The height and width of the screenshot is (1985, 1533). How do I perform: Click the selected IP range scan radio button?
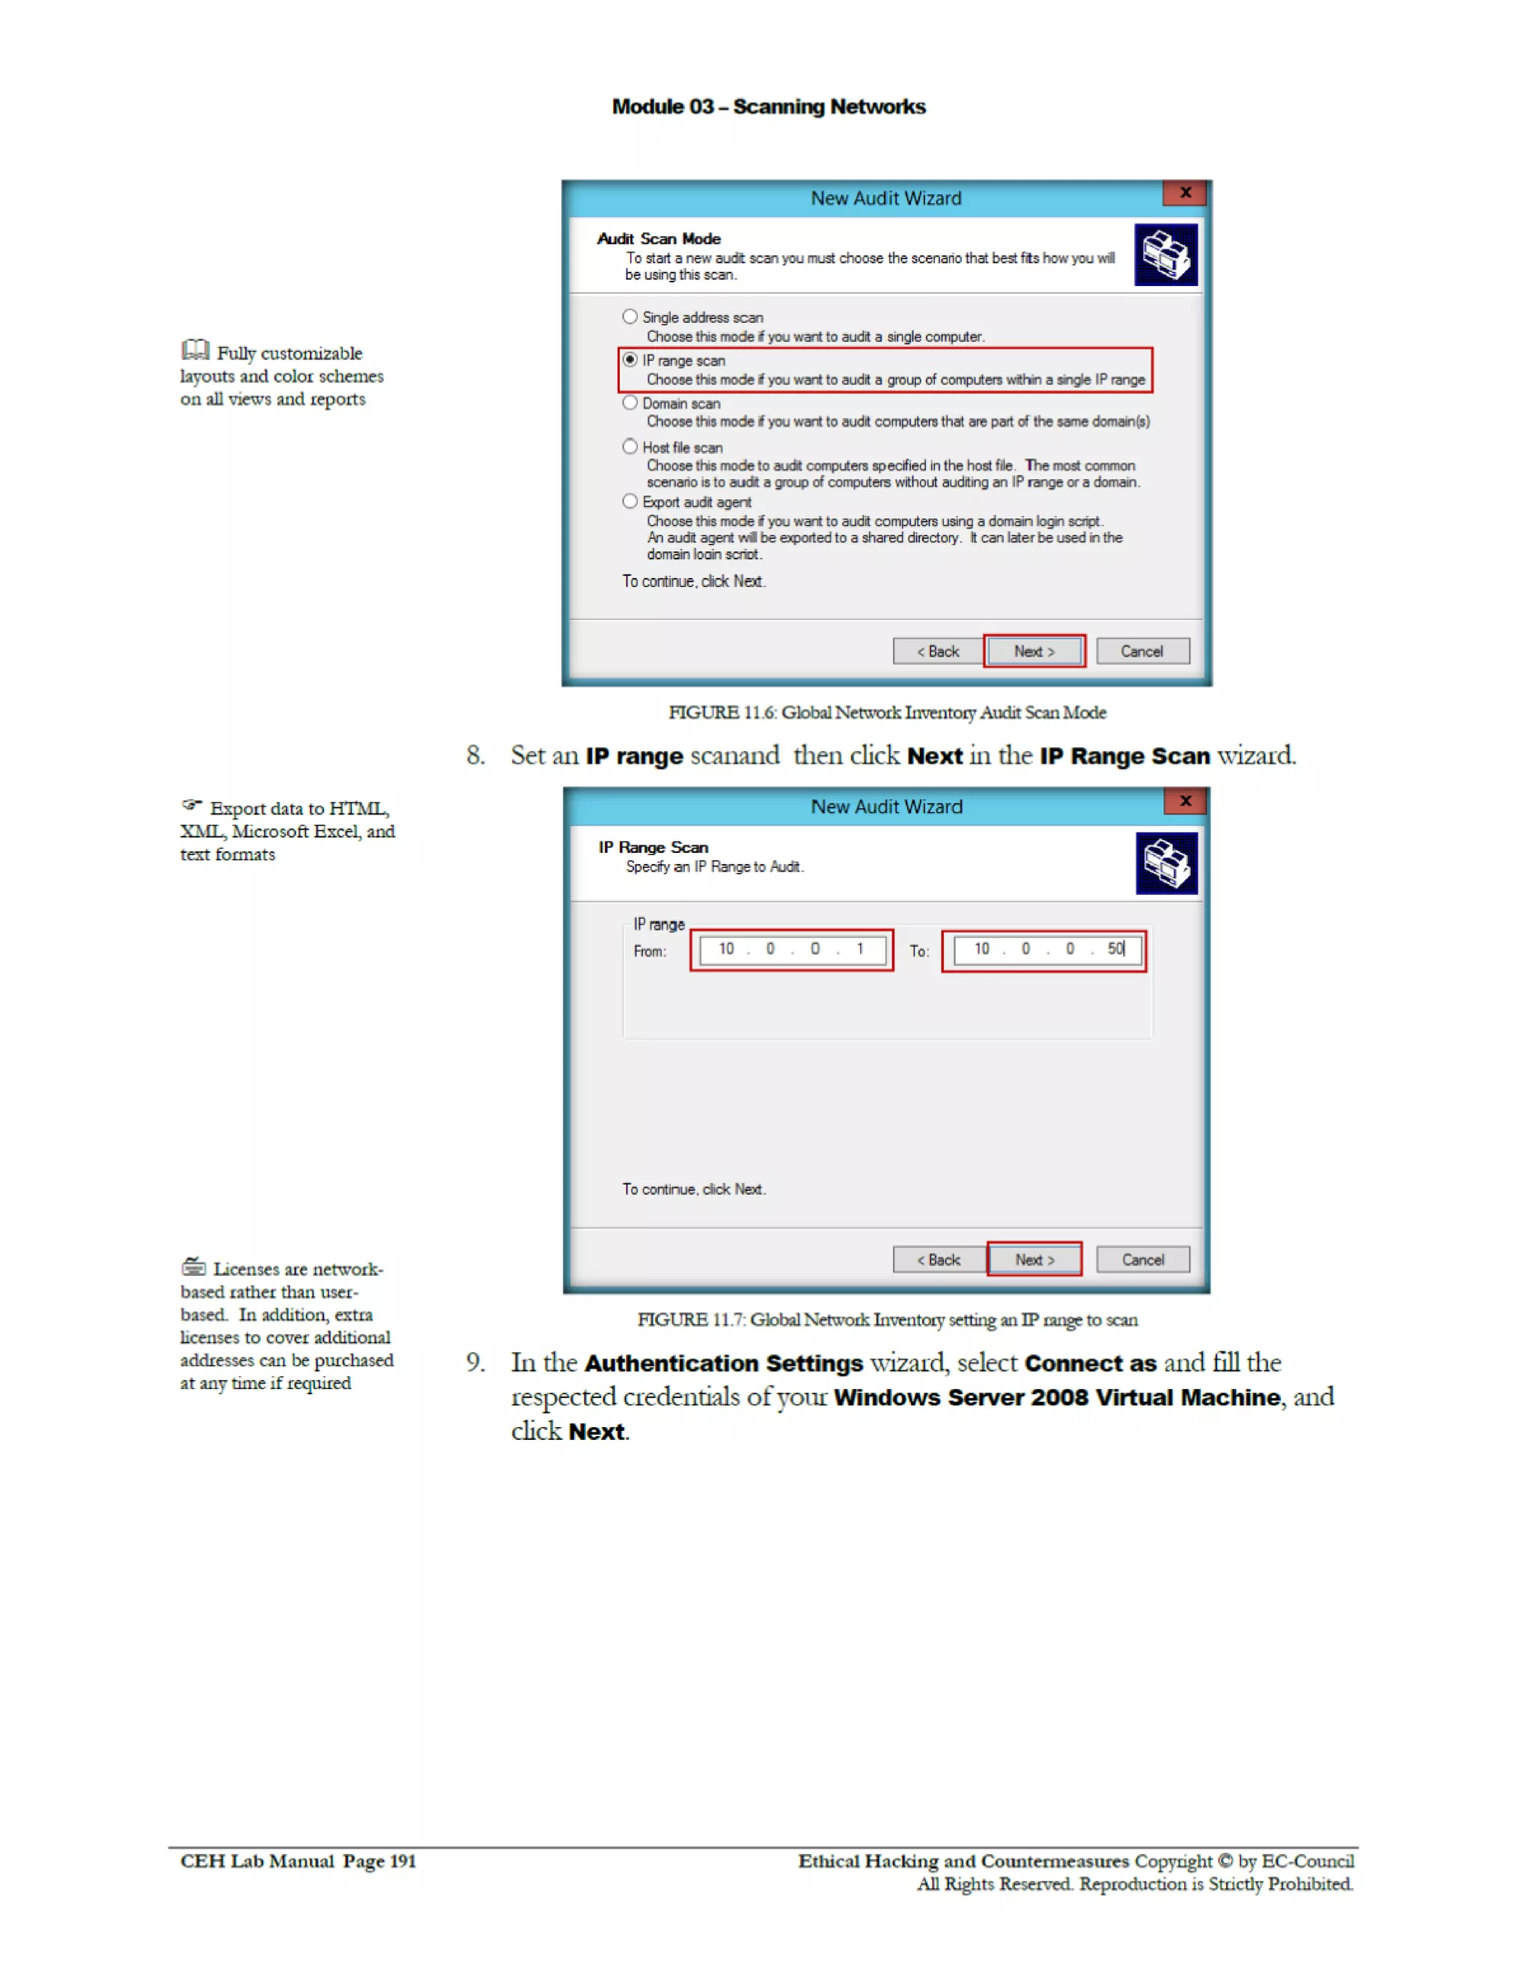[630, 360]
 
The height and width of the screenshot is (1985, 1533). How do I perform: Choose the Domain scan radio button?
[630, 403]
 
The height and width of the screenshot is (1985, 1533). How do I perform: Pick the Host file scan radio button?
[630, 446]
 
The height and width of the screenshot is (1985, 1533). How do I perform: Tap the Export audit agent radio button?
[630, 501]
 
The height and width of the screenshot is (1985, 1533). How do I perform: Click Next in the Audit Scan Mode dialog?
[1034, 651]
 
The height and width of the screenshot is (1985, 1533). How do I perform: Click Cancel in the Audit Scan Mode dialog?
[1142, 651]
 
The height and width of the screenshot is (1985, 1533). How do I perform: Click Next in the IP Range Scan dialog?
[1034, 1259]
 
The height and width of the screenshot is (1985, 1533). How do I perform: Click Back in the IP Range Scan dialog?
[939, 1259]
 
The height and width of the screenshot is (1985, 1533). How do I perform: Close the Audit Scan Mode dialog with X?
[1185, 192]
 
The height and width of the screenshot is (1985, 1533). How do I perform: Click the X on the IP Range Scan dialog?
[1185, 800]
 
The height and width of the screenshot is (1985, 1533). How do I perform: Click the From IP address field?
[791, 949]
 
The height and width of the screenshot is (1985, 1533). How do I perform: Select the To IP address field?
[1044, 949]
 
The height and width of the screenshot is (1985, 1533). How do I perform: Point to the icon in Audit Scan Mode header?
[1166, 255]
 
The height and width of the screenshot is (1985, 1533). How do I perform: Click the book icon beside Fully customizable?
[195, 350]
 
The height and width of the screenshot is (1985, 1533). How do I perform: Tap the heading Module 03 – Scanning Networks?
[768, 107]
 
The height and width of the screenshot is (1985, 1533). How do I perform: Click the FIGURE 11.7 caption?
[887, 1319]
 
